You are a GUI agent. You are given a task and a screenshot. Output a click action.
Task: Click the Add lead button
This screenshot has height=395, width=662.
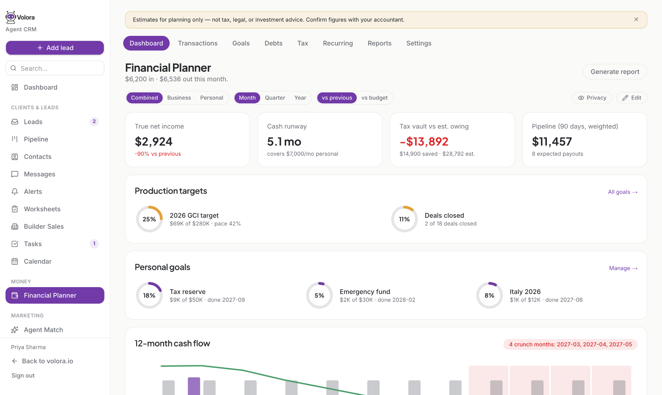pyautogui.click(x=55, y=48)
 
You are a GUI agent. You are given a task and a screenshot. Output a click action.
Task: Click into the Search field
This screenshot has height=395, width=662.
pyautogui.click(x=55, y=68)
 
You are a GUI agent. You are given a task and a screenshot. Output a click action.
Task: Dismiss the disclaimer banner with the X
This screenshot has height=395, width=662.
pyautogui.click(x=636, y=20)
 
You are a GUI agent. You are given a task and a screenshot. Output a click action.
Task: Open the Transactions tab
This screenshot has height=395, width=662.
pyautogui.click(x=198, y=43)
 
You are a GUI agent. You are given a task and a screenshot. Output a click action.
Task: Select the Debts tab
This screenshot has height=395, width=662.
pyautogui.click(x=273, y=43)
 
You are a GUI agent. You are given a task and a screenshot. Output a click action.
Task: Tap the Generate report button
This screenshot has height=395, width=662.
pyautogui.click(x=615, y=72)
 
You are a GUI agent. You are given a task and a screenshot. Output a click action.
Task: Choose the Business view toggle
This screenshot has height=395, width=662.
pyautogui.click(x=179, y=98)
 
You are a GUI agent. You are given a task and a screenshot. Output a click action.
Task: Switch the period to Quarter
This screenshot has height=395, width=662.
pyautogui.click(x=275, y=98)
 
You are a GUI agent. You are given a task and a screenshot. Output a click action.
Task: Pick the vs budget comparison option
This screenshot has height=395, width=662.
pyautogui.click(x=374, y=98)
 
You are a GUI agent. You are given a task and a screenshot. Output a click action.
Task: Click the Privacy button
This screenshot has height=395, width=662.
pyautogui.click(x=592, y=98)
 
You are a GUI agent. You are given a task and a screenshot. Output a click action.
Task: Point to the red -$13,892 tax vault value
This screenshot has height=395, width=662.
pyautogui.click(x=424, y=141)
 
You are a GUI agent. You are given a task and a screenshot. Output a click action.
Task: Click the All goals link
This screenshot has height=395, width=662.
pyautogui.click(x=623, y=192)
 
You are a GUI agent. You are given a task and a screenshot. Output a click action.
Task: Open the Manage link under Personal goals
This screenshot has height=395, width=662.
pyautogui.click(x=623, y=268)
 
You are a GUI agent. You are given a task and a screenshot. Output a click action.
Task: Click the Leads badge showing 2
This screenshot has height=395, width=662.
pyautogui.click(x=94, y=122)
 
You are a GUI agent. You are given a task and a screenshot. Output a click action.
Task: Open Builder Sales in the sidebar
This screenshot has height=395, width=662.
pyautogui.click(x=44, y=226)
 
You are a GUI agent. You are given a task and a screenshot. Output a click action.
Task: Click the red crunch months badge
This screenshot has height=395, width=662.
pyautogui.click(x=570, y=344)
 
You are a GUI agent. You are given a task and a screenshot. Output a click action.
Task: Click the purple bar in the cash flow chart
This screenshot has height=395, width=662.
pyautogui.click(x=194, y=386)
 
